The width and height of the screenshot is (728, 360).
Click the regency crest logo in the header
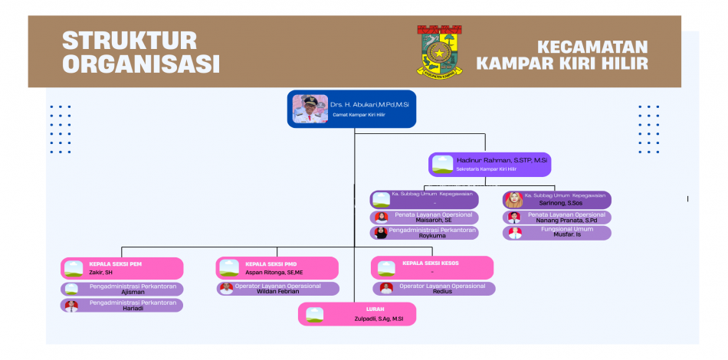(x=439, y=51)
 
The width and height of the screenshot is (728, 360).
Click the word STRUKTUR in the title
(x=130, y=40)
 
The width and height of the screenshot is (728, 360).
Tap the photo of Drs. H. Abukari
(x=309, y=109)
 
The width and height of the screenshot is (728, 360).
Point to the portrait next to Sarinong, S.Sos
(x=513, y=200)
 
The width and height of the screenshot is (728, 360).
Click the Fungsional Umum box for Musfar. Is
(x=557, y=233)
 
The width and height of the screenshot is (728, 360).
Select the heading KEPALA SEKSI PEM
(x=115, y=263)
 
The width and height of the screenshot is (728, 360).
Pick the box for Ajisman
(x=123, y=289)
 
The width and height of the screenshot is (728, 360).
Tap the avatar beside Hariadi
(x=71, y=305)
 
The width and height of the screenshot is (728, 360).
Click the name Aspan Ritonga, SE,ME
(x=274, y=272)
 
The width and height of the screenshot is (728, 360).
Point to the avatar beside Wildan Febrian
(x=226, y=289)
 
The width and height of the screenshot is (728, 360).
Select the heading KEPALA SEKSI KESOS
(x=431, y=263)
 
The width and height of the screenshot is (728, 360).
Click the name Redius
(x=442, y=292)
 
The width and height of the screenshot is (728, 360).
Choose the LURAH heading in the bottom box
(x=364, y=309)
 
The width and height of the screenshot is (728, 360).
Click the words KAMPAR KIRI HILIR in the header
(x=562, y=63)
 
